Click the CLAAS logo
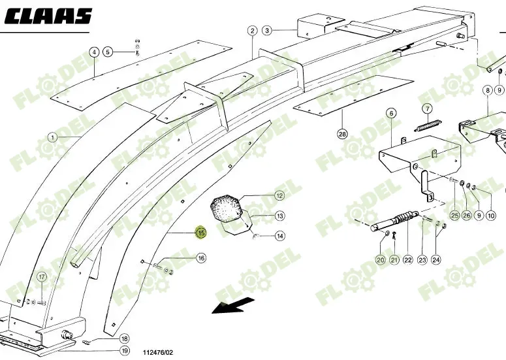click(x=50, y=16)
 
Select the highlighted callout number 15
click(x=201, y=233)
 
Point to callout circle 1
click(x=52, y=138)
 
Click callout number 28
click(x=342, y=134)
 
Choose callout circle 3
click(x=267, y=30)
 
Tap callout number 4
click(x=94, y=52)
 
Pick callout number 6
click(x=391, y=113)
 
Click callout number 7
click(x=427, y=108)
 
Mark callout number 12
click(x=279, y=195)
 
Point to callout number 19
click(x=124, y=352)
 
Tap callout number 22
click(x=407, y=260)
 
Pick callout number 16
click(x=201, y=258)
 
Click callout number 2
click(x=252, y=30)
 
